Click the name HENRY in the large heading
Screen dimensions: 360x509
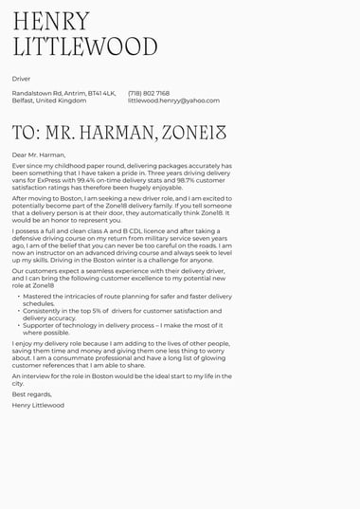tap(51, 22)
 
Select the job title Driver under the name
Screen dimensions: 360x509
tap(21, 79)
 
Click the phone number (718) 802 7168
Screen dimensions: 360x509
tap(149, 93)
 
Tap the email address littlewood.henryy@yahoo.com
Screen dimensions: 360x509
tap(173, 100)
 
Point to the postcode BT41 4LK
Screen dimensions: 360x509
tap(101, 93)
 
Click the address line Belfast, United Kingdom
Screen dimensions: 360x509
tap(49, 100)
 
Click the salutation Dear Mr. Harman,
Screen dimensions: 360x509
tap(39, 155)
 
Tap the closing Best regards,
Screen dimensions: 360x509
tap(32, 394)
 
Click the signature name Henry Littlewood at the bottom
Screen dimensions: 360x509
tap(38, 405)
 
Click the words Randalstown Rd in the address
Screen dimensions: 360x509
tap(35, 93)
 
